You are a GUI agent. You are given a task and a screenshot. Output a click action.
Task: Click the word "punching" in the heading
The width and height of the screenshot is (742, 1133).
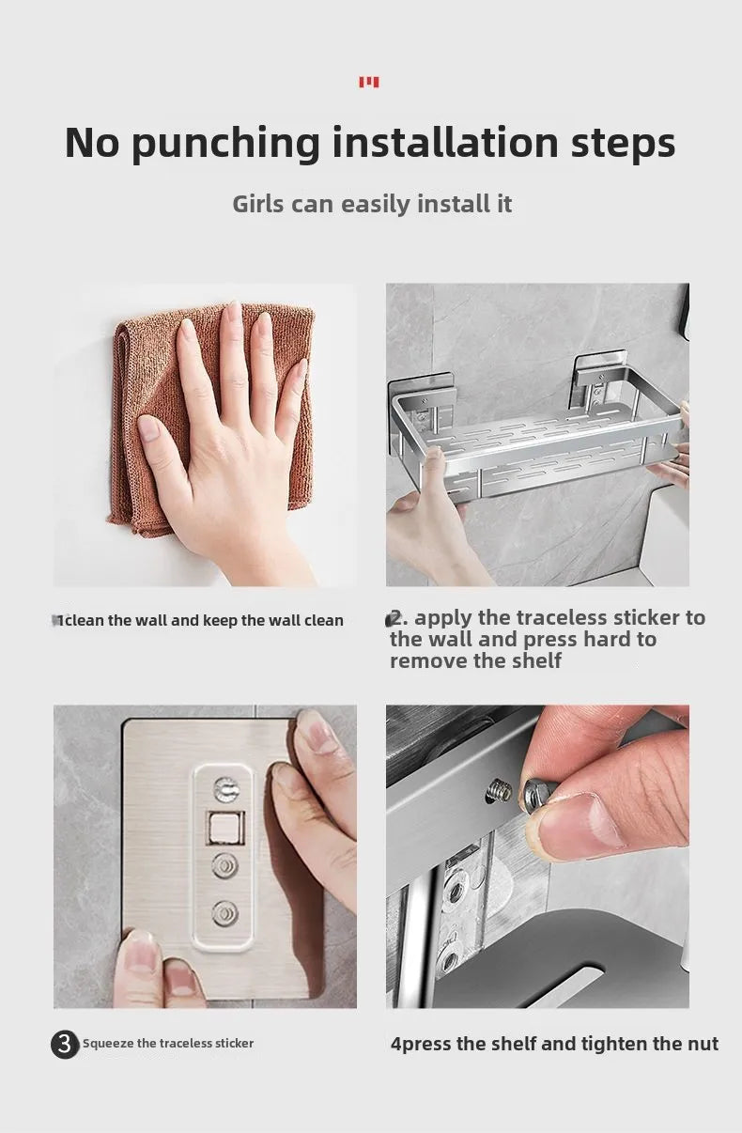226,144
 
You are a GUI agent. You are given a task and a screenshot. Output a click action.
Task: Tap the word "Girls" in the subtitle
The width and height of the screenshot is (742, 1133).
258,204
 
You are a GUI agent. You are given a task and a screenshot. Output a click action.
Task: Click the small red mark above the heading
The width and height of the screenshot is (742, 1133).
369,83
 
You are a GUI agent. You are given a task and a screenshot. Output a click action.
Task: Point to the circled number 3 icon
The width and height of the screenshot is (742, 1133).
65,1044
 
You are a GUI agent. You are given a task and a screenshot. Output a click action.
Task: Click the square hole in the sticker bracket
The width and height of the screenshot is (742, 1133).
224,827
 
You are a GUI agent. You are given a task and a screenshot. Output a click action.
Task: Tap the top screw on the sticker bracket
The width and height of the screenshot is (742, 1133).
224,790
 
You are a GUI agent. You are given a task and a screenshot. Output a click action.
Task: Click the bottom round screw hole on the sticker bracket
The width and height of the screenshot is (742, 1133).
224,911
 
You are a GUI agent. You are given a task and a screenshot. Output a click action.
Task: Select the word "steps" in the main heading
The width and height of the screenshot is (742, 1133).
624,144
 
